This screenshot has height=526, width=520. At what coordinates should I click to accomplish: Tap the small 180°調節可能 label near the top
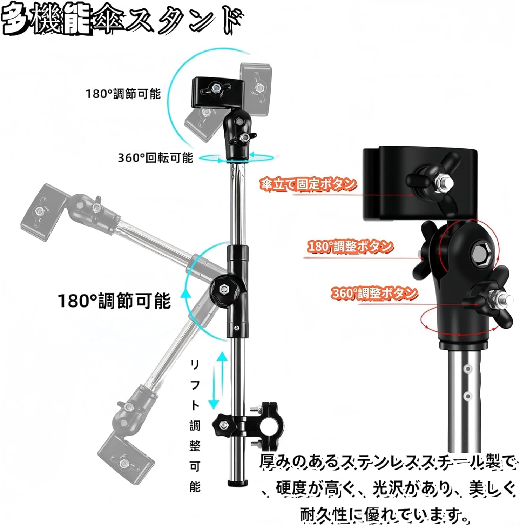123,94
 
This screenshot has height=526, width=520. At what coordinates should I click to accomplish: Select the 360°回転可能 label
155,158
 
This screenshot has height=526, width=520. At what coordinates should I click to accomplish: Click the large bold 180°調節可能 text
114,301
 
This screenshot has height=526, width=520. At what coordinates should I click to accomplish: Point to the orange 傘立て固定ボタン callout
308,184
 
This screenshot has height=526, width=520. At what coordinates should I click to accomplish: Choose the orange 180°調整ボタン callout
350,247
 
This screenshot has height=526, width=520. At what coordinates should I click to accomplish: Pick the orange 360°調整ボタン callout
374,293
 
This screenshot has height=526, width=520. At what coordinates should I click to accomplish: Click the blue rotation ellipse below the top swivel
237,158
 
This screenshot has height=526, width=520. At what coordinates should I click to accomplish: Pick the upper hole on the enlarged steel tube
467,369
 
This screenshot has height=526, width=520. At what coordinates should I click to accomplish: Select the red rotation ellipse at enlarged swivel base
459,319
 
